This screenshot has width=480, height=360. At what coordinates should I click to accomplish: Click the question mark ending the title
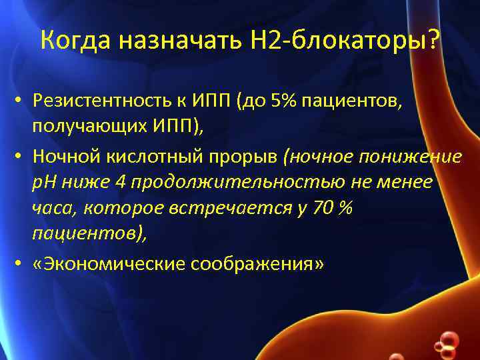[434, 41]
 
